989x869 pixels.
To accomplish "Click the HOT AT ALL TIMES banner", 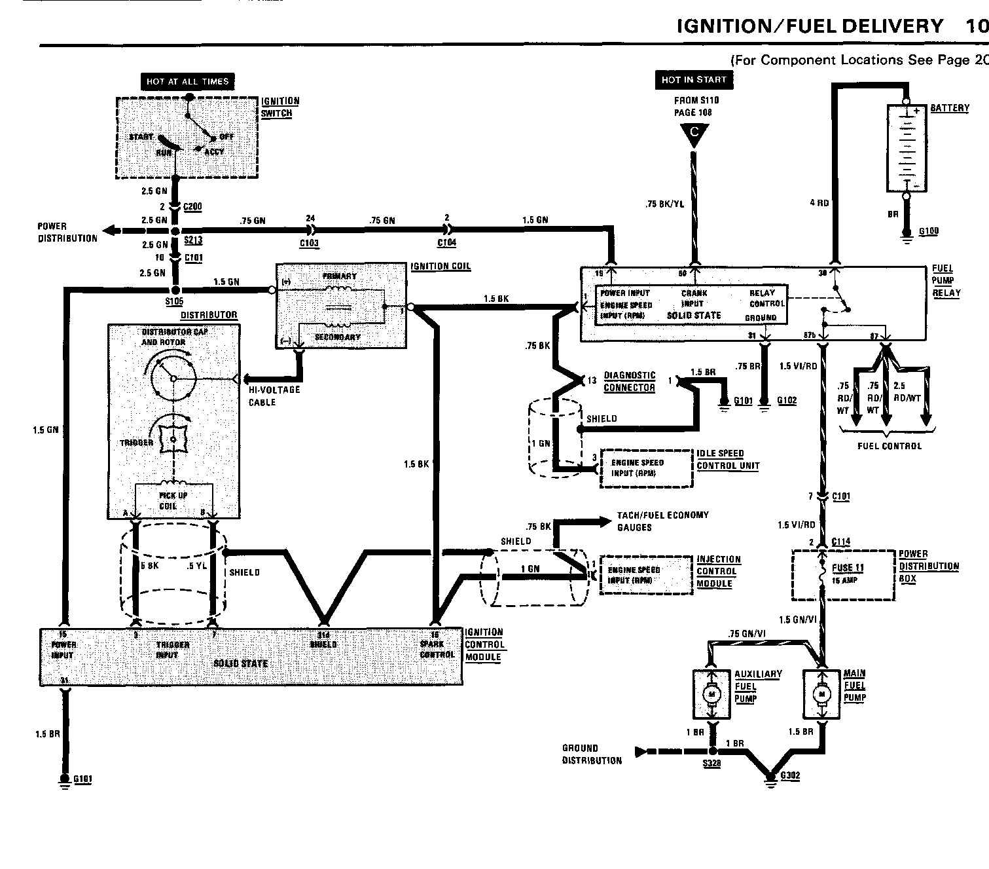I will click(187, 81).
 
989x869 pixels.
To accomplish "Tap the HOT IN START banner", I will click(694, 80).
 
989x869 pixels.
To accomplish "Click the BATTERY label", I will click(950, 108).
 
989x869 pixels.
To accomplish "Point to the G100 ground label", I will click(929, 231).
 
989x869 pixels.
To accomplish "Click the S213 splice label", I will click(192, 240).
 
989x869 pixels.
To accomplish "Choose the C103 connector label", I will click(309, 243).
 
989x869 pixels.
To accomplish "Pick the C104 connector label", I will click(447, 243).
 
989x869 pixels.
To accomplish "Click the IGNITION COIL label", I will click(441, 267).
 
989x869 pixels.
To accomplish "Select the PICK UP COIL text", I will click(173, 500).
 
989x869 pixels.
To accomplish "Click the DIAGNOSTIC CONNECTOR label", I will click(629, 381).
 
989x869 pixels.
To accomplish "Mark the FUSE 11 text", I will click(848, 568).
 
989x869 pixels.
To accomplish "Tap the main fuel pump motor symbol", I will click(821, 693).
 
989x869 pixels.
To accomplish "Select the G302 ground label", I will click(790, 775).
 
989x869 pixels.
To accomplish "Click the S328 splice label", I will click(711, 764).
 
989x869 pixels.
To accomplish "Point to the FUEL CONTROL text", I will click(889, 446).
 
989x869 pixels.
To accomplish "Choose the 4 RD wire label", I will click(819, 203).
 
